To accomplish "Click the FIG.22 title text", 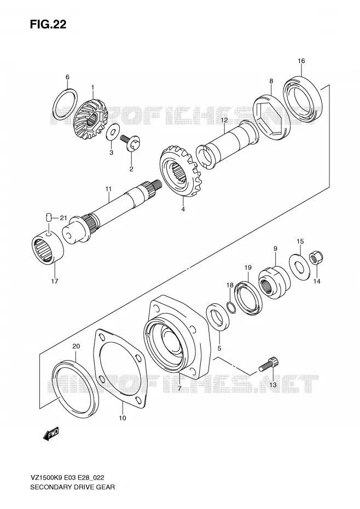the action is pyautogui.click(x=48, y=24).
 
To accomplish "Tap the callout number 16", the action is pyautogui.click(x=301, y=61).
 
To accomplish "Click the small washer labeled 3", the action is pyautogui.click(x=112, y=134).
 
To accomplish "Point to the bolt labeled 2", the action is pyautogui.click(x=131, y=143).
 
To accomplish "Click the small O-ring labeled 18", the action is pyautogui.click(x=231, y=306).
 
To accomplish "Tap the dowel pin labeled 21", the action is pyautogui.click(x=48, y=217).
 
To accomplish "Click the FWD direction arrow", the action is pyautogui.click(x=50, y=433).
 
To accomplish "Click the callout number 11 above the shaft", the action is pyautogui.click(x=108, y=189).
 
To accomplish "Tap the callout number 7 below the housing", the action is pyautogui.click(x=179, y=389).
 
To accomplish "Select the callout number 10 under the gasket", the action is pyautogui.click(x=123, y=418).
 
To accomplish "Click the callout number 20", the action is pyautogui.click(x=76, y=346).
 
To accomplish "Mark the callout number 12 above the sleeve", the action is pyautogui.click(x=224, y=120).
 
